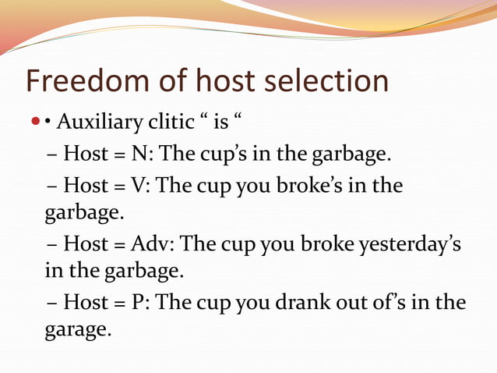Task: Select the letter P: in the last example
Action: click(141, 302)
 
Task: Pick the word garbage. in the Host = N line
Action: click(348, 155)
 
